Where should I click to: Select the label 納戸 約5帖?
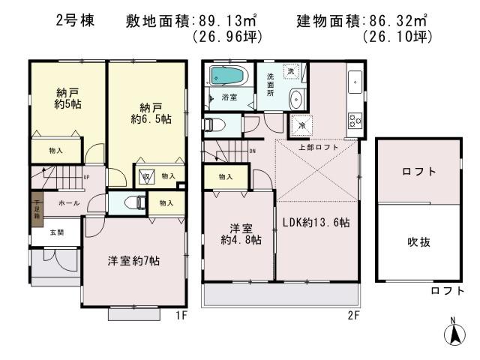(x=68, y=98)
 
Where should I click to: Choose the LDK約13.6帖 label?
(x=318, y=223)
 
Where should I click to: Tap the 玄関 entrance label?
(x=57, y=233)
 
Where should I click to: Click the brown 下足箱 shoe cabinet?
(x=35, y=208)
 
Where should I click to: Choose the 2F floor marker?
(x=353, y=316)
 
